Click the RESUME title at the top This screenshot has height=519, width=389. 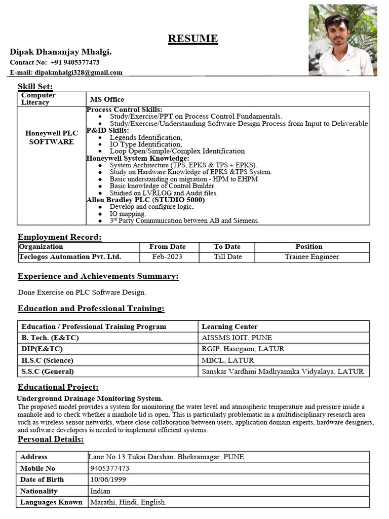point(193,39)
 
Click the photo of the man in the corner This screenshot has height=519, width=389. point(342,41)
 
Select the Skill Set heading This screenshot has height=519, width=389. point(35,86)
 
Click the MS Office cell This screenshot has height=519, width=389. point(107,99)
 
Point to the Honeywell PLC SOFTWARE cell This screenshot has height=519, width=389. point(52,137)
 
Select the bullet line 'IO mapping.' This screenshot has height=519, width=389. point(128,214)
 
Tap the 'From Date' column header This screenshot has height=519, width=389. point(168,247)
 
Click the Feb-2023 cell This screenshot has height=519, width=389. point(168,257)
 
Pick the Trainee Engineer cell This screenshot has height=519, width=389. point(312,257)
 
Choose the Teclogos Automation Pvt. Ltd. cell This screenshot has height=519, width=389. point(70,257)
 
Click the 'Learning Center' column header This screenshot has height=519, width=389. point(229,327)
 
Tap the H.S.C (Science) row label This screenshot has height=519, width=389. point(48,360)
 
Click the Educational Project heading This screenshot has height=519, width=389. point(58,387)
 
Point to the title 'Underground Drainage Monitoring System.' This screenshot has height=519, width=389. point(90,399)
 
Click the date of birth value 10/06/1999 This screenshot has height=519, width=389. point(108,479)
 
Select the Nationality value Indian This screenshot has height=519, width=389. point(100,491)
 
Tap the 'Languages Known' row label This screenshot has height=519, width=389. point(51,502)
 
